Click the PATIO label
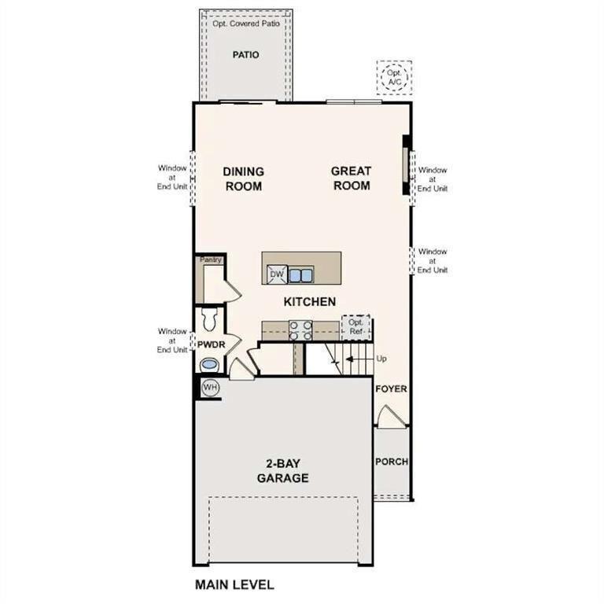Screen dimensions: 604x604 (245, 55)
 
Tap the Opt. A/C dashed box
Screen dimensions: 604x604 (392, 77)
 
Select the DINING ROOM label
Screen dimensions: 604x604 (243, 179)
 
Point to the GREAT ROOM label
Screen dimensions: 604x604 (351, 178)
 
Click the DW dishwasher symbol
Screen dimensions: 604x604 (275, 274)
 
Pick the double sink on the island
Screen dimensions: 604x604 (300, 274)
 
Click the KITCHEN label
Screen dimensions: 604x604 (310, 301)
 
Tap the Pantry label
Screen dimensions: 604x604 (211, 260)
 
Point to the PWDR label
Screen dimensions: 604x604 (211, 344)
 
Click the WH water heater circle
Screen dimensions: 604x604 (209, 388)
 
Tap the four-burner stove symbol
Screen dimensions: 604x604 (300, 330)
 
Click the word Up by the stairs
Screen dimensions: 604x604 (382, 359)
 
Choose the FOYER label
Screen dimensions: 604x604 (391, 389)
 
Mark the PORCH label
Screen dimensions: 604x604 (391, 462)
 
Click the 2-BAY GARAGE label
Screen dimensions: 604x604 (282, 470)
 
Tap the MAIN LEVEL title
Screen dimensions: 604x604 (234, 584)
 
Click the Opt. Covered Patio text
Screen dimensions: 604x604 (245, 24)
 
